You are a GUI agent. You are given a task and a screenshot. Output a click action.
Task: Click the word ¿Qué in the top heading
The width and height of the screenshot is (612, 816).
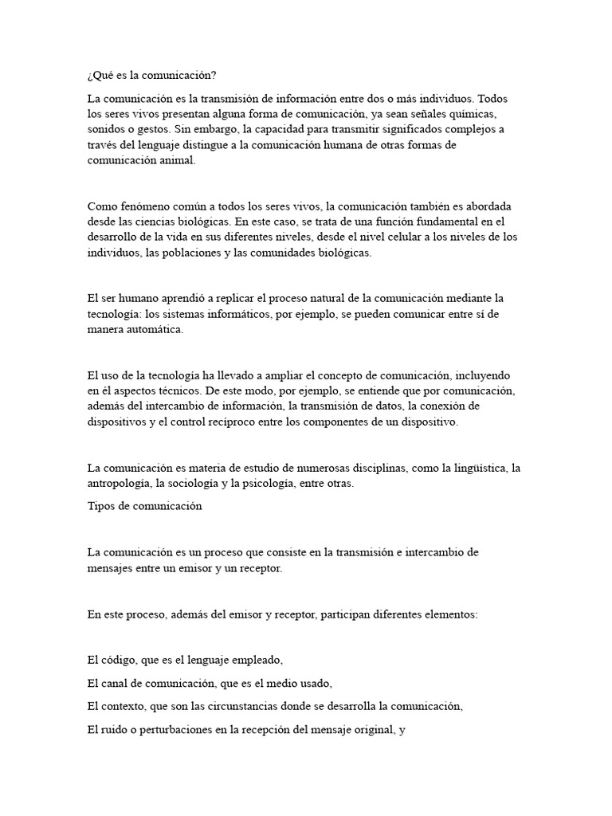coord(100,76)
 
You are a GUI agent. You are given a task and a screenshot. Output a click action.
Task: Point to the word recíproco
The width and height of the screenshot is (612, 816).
coord(257,422)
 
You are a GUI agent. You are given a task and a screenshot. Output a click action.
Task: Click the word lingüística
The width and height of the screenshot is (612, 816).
coord(475,467)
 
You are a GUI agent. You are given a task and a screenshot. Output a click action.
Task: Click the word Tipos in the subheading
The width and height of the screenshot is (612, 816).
coord(100,505)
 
